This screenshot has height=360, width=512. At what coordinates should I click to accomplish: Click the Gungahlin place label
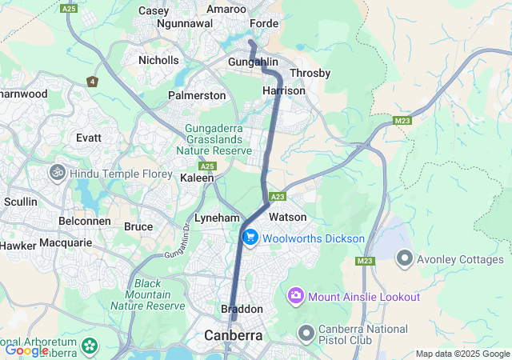click(x=253, y=62)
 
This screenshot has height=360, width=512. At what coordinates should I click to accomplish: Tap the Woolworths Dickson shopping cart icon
click(x=250, y=238)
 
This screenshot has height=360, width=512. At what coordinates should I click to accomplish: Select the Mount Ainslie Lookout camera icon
click(x=297, y=297)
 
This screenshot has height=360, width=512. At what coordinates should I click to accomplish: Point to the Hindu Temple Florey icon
click(x=58, y=172)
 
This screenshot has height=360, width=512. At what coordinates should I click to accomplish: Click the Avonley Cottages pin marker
click(x=405, y=259)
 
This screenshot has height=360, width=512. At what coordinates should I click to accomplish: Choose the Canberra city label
click(x=234, y=335)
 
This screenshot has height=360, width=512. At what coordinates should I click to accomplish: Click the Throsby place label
click(x=310, y=74)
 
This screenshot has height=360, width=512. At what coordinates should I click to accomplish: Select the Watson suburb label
click(x=287, y=217)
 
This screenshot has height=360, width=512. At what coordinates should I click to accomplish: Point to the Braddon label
click(x=242, y=309)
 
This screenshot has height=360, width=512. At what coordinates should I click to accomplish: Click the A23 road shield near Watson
click(x=278, y=197)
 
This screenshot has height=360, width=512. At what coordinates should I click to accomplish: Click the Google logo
click(x=26, y=350)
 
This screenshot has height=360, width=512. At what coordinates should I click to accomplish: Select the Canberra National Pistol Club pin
click(x=306, y=332)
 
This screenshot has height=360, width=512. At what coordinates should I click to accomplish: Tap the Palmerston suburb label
click(x=197, y=95)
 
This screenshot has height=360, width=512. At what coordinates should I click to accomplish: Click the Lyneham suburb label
click(x=217, y=218)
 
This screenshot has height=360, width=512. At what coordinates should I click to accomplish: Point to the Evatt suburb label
click(x=89, y=138)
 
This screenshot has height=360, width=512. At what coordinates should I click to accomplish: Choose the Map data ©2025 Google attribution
click(x=462, y=354)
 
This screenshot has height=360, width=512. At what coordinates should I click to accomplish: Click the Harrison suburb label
click(x=284, y=91)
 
